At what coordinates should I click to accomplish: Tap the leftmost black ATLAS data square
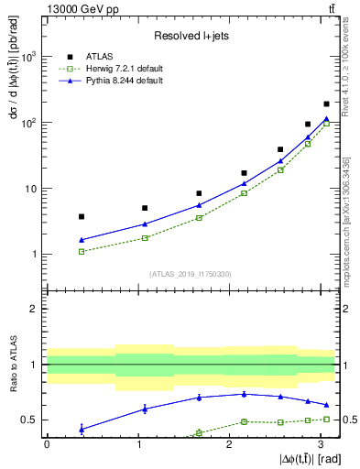click(82, 216)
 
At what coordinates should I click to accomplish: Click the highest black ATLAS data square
click(327, 104)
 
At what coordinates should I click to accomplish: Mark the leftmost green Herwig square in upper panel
click(82, 251)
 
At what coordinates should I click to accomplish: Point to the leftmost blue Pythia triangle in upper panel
click(82, 240)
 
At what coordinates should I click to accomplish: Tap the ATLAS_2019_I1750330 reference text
click(190, 273)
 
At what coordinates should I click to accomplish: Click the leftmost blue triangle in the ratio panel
click(82, 429)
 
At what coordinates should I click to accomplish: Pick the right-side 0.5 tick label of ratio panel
click(349, 420)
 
